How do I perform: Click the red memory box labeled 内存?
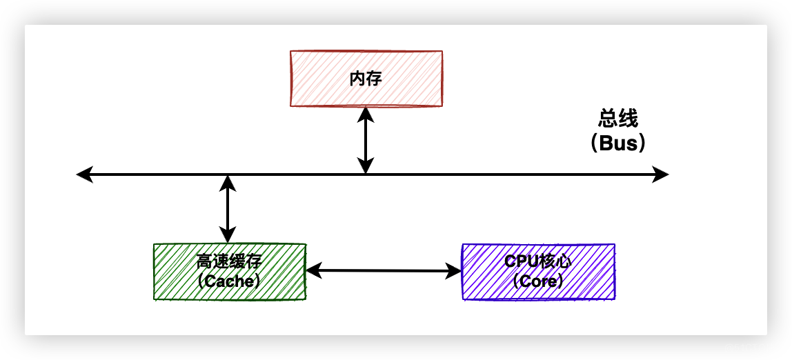coord(366,79)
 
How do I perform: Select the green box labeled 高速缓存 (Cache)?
coord(229,272)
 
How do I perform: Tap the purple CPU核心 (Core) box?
coord(538,272)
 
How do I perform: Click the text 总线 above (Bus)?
coord(617,119)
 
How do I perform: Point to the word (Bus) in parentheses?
coord(617,143)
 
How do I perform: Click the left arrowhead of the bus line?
coord(84,174)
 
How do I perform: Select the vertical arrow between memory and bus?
coord(366,141)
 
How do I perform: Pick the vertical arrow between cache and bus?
coord(228,209)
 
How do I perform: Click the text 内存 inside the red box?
coord(366,79)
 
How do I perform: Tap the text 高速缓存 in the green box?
coord(229,262)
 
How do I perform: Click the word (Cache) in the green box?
coord(229,281)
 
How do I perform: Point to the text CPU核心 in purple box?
coord(538,262)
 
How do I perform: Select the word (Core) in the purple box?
coord(538,281)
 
